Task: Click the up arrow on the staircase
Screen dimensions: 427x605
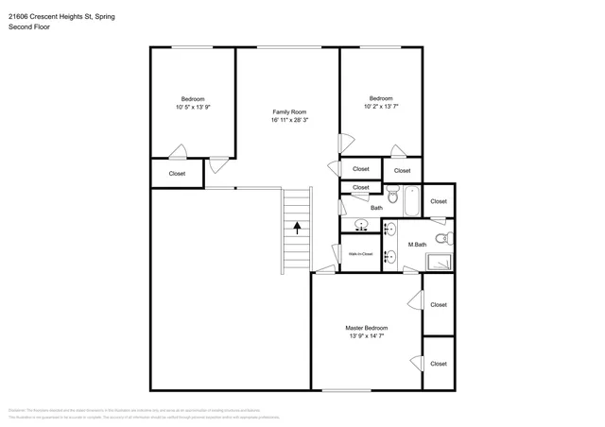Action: click(x=299, y=227)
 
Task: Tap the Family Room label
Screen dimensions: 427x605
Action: click(x=288, y=111)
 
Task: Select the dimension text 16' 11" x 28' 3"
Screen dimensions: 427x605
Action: click(x=288, y=121)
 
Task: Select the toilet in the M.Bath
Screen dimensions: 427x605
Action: click(x=441, y=237)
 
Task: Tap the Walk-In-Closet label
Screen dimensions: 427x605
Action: click(x=360, y=254)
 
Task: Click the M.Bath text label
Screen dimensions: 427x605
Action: click(x=417, y=245)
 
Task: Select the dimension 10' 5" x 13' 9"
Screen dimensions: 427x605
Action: click(x=193, y=108)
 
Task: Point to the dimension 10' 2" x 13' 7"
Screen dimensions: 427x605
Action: click(x=381, y=108)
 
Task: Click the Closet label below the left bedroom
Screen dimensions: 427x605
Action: click(x=177, y=174)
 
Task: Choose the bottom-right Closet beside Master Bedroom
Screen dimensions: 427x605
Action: click(x=439, y=364)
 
